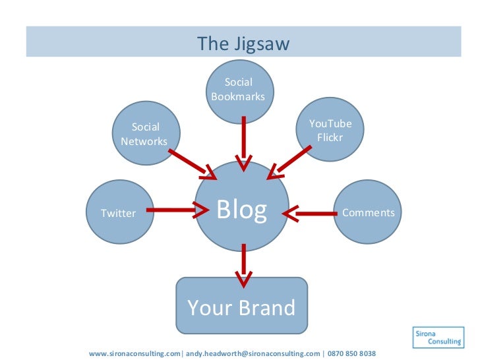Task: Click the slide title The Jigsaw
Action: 243,44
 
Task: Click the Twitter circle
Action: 119,212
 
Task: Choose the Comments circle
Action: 368,212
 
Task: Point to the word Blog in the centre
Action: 242,210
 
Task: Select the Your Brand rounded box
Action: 241,307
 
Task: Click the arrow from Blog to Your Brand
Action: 244,265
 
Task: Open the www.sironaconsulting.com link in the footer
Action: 134,353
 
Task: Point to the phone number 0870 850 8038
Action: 351,353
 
